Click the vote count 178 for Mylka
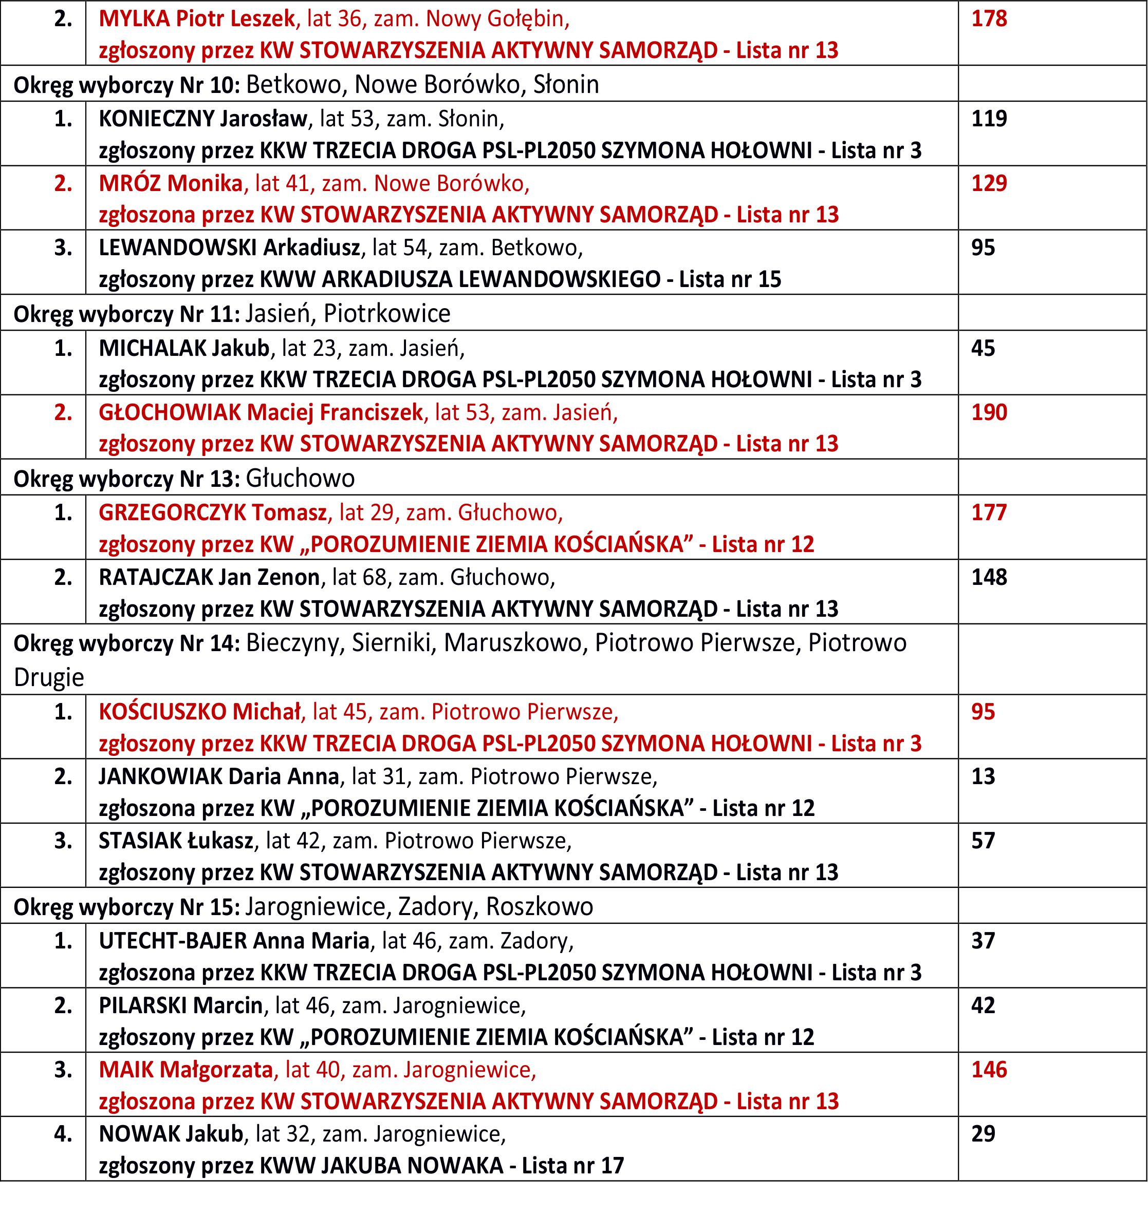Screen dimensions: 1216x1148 (x=989, y=18)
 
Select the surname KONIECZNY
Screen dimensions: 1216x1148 (x=156, y=119)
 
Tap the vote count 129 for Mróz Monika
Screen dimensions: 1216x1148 (x=989, y=183)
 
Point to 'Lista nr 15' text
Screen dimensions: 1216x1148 (x=730, y=279)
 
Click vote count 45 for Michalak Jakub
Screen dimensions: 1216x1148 (x=983, y=348)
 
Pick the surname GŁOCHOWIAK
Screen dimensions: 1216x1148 (x=170, y=413)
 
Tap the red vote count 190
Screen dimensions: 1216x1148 (x=989, y=413)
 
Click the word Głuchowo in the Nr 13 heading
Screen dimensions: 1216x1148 (x=300, y=478)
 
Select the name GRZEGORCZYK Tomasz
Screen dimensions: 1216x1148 (x=213, y=512)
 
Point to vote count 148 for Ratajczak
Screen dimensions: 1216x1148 (x=989, y=577)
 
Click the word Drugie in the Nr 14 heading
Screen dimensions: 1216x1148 (x=48, y=678)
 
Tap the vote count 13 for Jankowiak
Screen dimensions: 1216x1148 (x=983, y=776)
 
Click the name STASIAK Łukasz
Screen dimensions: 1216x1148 (x=176, y=841)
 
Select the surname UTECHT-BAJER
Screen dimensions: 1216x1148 (x=173, y=941)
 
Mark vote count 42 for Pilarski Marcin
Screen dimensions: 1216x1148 (x=983, y=1005)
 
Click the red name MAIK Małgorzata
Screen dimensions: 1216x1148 (x=186, y=1070)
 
